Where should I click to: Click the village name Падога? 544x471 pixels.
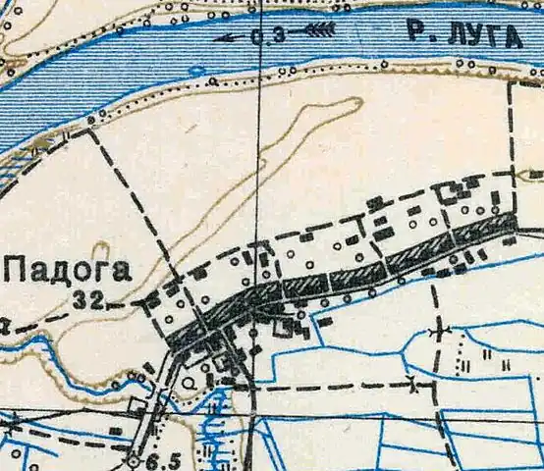pyautogui.click(x=67, y=269)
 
